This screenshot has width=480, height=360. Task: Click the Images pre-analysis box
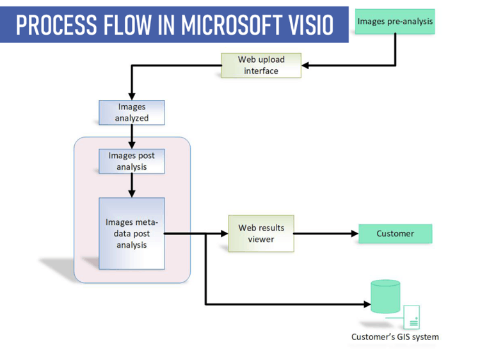tap(394, 21)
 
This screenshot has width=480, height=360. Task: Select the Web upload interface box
tap(261, 65)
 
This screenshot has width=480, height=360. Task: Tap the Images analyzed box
tap(132, 112)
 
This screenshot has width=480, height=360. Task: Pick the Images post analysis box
tap(132, 161)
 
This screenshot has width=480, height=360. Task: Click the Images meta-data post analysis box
tap(132, 233)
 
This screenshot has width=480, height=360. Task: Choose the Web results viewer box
tap(261, 233)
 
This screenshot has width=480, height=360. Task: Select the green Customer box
tap(395, 233)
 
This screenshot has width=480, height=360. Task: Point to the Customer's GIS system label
tap(395, 337)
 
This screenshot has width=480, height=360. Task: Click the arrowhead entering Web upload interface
tap(307, 65)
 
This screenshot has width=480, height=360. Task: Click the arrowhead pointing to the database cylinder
tap(367, 303)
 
